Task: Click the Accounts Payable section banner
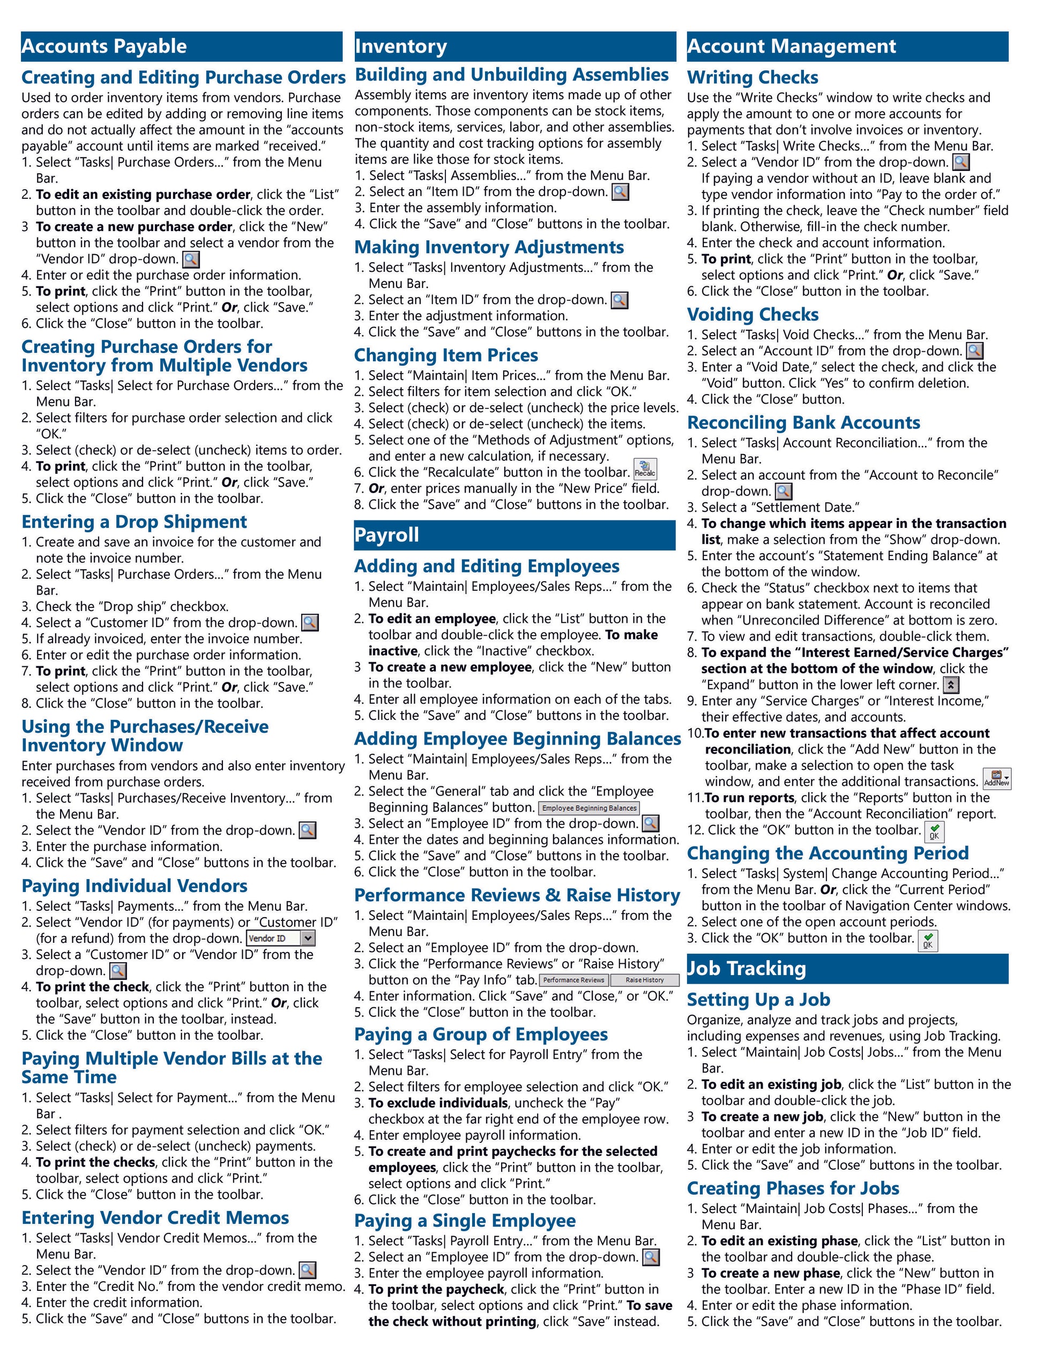181,47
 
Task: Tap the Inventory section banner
515,47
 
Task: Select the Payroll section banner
515,534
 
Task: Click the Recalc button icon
645,470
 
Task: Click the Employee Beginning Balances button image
588,808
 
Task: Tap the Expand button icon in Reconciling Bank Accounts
951,685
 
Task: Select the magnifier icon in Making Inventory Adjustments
619,301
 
